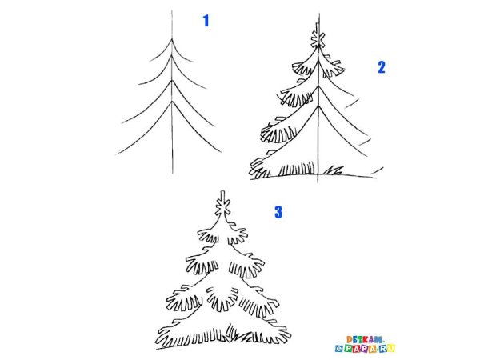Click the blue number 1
click(x=206, y=21)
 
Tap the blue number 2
click(x=382, y=67)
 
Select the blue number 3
click(x=278, y=212)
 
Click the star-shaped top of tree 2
click(x=318, y=39)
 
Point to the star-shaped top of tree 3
click(x=222, y=207)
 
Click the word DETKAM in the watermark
click(x=365, y=339)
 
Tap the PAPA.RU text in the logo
click(x=365, y=348)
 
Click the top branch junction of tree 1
click(x=172, y=39)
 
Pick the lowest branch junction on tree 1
click(x=172, y=102)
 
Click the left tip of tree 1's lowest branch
click(x=116, y=154)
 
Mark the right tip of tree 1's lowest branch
click(x=221, y=152)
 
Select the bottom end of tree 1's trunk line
click(x=173, y=174)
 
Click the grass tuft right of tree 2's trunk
click(x=334, y=170)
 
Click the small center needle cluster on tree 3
click(x=222, y=298)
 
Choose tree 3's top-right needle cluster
click(x=238, y=236)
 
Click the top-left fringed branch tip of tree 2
click(x=302, y=69)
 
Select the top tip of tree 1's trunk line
click(x=172, y=10)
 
